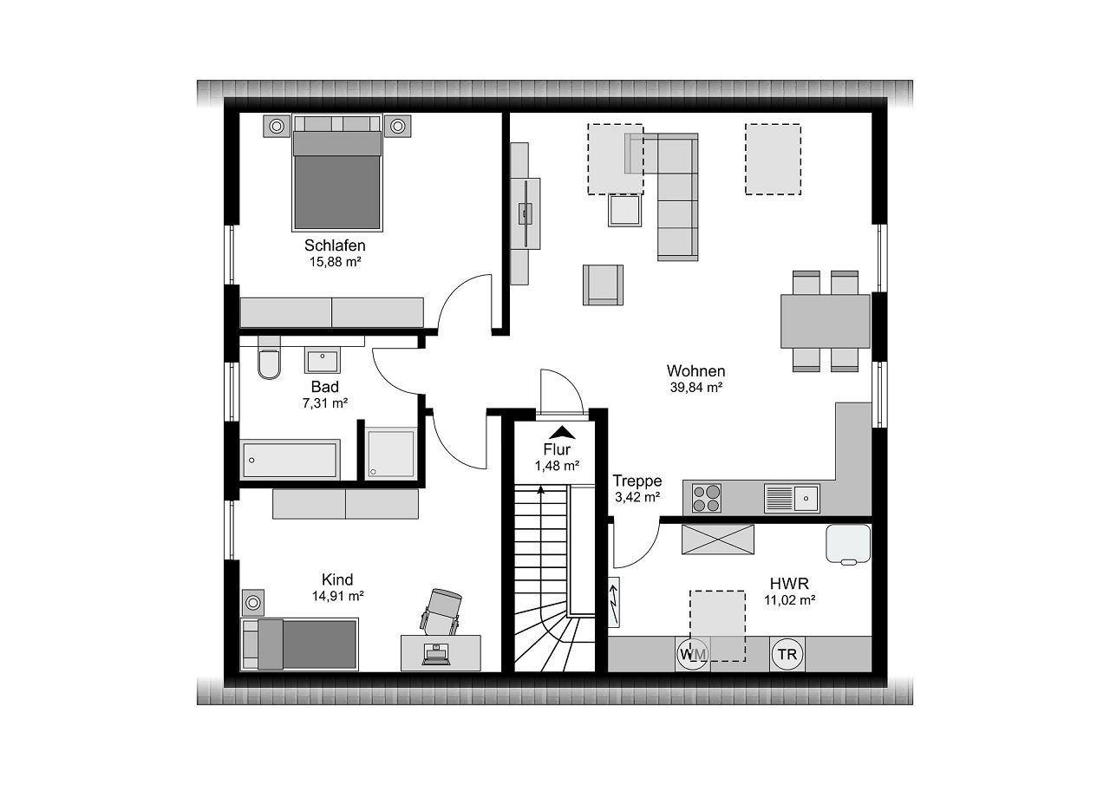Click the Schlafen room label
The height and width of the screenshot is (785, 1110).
[x=335, y=245]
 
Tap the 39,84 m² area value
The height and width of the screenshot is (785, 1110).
[x=695, y=388]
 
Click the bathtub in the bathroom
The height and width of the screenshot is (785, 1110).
[x=290, y=458]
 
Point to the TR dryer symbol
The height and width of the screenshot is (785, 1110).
[x=787, y=654]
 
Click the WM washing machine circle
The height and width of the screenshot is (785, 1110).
[x=692, y=654]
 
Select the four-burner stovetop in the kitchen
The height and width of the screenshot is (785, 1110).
[x=707, y=498]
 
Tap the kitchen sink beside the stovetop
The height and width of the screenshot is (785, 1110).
[x=792, y=498]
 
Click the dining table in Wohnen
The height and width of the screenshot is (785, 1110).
[x=825, y=321]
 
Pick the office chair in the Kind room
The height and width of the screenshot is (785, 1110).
[x=442, y=611]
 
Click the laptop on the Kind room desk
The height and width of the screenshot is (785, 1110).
[x=435, y=653]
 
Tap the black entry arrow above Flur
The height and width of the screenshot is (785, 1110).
[x=563, y=431]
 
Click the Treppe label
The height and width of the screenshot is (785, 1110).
[x=637, y=481]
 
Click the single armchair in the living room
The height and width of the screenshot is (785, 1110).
[x=603, y=285]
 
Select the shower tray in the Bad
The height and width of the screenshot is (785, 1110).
[x=390, y=453]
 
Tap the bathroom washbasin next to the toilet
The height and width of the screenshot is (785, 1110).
[x=323, y=358]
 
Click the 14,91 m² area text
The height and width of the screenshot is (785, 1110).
[x=337, y=596]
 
